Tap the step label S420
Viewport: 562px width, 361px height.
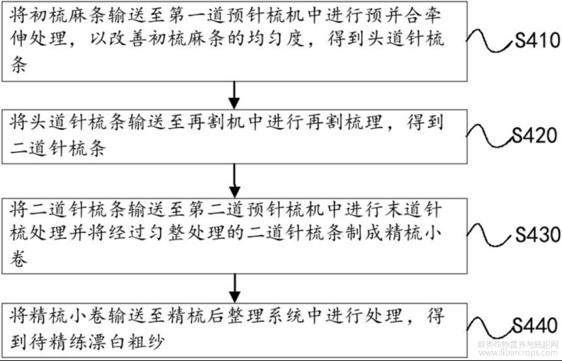(x=536, y=136)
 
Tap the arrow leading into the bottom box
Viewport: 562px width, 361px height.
(x=234, y=282)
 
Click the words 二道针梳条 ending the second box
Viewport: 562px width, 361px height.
(x=59, y=149)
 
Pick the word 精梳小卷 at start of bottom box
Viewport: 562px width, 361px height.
(x=74, y=315)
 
